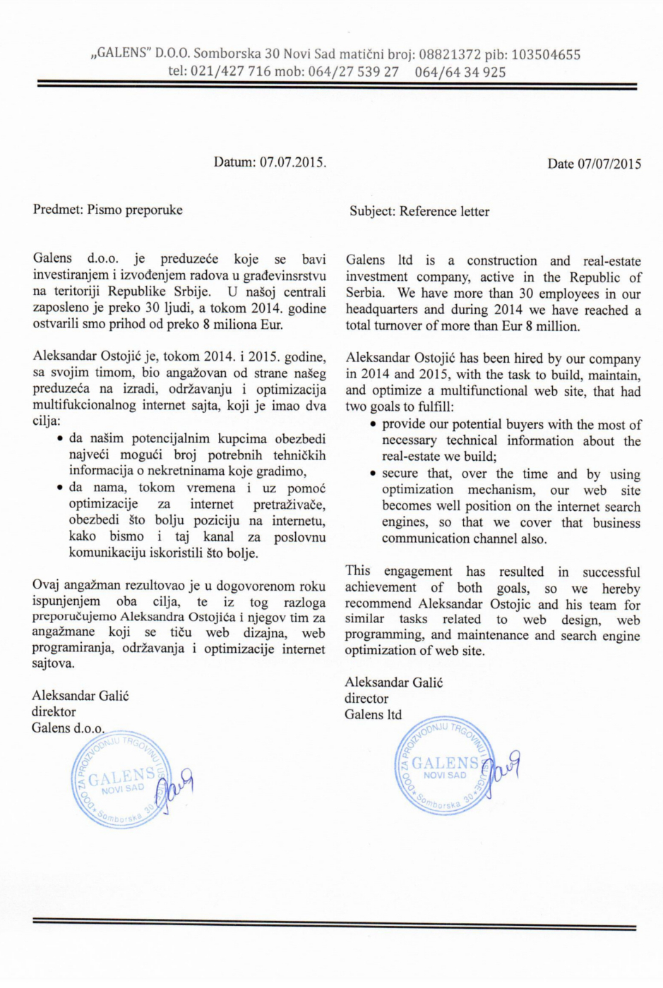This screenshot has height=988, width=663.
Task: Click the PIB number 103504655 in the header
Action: point(546,55)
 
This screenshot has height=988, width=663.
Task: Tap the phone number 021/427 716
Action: point(230,72)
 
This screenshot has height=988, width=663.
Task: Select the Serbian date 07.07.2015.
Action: point(293,162)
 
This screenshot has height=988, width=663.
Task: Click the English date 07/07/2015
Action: point(609,164)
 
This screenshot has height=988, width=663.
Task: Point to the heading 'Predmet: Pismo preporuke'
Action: point(107,210)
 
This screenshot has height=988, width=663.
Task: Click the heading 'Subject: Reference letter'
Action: point(419,211)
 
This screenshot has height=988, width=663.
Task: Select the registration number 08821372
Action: point(450,55)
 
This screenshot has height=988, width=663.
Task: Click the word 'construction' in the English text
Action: point(502,261)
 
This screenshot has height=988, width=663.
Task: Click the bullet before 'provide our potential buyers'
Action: point(373,425)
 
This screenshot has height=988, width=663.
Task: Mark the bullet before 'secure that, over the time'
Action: point(373,474)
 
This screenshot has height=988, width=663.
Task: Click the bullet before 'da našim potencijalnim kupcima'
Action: point(60,439)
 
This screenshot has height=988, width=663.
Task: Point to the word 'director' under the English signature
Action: point(366,699)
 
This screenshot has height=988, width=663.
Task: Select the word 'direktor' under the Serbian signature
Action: point(54,712)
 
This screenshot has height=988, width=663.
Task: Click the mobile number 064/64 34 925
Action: point(460,72)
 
